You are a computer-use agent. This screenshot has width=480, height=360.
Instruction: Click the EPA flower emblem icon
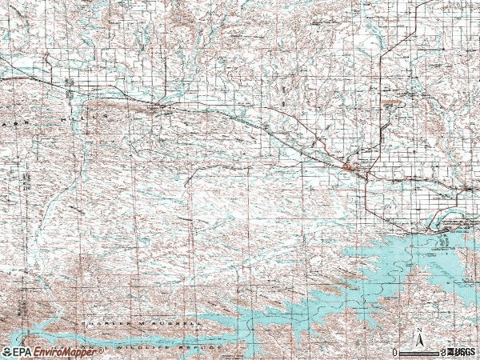6,352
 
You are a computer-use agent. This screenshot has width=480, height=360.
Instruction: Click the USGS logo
462,352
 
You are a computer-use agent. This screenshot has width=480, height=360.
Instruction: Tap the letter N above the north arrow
418,330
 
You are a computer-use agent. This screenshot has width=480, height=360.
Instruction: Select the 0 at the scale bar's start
394,352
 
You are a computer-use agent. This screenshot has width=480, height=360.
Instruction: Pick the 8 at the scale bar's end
442,352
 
